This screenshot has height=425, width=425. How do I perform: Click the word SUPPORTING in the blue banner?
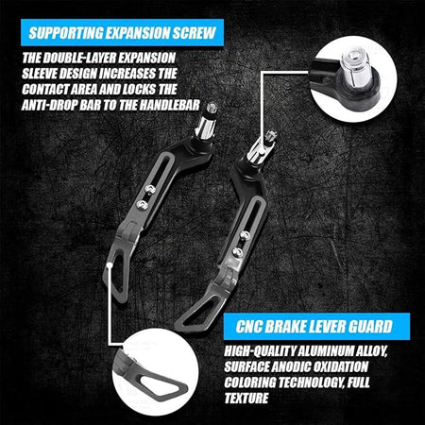[x=66, y=33]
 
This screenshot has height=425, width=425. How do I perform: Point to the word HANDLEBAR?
[x=170, y=105]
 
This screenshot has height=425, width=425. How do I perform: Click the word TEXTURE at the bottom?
[x=246, y=398]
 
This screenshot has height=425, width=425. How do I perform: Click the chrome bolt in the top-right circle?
[x=355, y=68]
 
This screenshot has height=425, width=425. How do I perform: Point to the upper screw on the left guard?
[x=150, y=189]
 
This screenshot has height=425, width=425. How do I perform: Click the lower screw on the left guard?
[x=143, y=205]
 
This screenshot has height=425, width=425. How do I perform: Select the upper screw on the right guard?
[x=246, y=235]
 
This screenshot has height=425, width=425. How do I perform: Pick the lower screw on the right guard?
[x=238, y=251]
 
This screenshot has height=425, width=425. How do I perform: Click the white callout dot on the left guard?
[x=110, y=265]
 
